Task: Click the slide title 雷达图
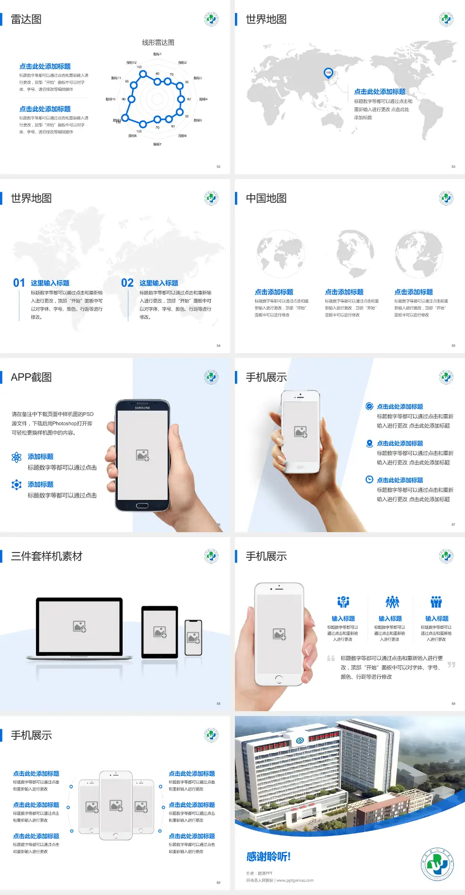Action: pyautogui.click(x=26, y=19)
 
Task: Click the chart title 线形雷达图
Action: pyautogui.click(x=158, y=43)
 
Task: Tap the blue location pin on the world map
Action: pyautogui.click(x=328, y=73)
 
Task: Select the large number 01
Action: pyautogui.click(x=19, y=283)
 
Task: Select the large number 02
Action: pyautogui.click(x=127, y=283)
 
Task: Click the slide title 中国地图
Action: pyautogui.click(x=266, y=198)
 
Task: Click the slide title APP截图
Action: pyautogui.click(x=31, y=377)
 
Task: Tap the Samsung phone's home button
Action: pyautogui.click(x=142, y=506)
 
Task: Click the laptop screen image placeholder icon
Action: pyautogui.click(x=79, y=626)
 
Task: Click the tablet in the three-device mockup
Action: pyautogui.click(x=160, y=632)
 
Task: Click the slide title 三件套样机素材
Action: pyautogui.click(x=46, y=556)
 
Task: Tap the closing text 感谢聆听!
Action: pyautogui.click(x=268, y=857)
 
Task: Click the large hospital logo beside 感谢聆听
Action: pyautogui.click(x=437, y=864)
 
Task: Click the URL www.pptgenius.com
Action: pyautogui.click(x=295, y=880)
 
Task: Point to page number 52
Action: pyautogui.click(x=218, y=166)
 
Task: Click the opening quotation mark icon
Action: pyautogui.click(x=331, y=658)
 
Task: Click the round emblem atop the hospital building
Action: pyautogui.click(x=300, y=740)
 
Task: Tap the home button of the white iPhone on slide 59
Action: pyautogui.click(x=279, y=679)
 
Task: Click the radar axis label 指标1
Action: pyautogui.click(x=157, y=54)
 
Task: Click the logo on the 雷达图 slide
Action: pyautogui.click(x=211, y=19)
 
